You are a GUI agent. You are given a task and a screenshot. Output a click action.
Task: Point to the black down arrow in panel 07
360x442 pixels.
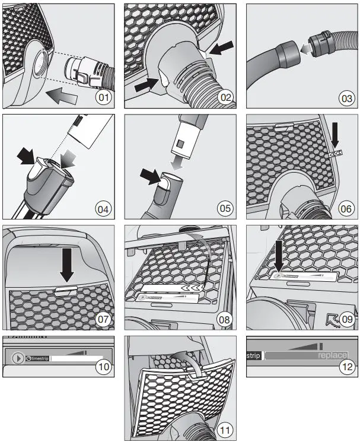click(x=68, y=265)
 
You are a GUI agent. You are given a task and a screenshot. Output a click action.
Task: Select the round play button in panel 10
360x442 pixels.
click(x=18, y=358)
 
